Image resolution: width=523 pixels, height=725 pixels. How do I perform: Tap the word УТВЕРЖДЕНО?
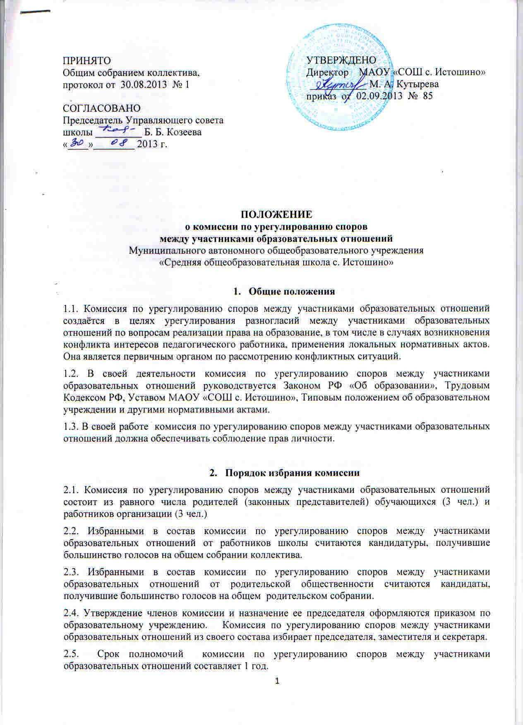pos(341,60)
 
